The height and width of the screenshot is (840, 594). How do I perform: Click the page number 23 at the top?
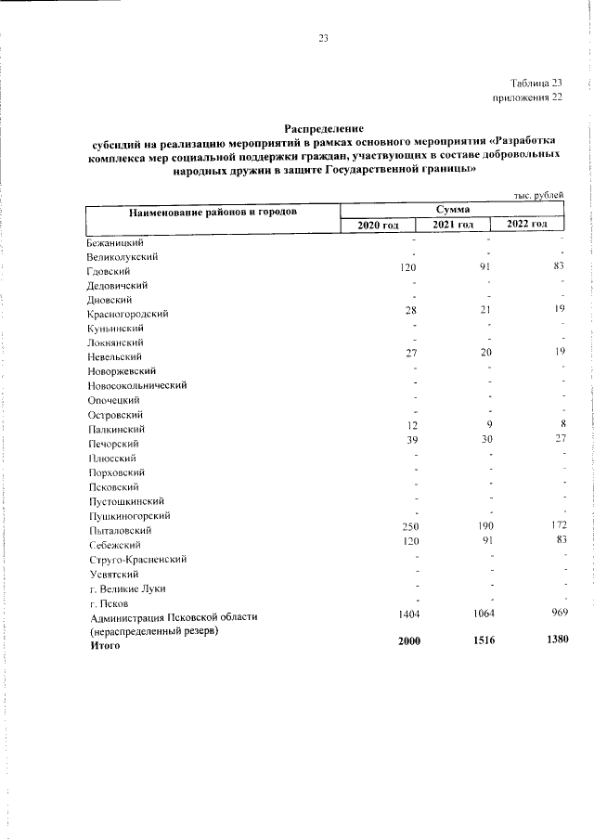[323, 38]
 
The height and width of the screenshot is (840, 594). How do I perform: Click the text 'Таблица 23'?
[536, 83]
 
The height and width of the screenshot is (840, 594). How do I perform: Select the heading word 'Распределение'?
[325, 127]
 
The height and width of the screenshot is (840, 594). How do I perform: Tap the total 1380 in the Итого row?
[553, 642]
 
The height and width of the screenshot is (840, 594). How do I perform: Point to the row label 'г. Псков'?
[108, 601]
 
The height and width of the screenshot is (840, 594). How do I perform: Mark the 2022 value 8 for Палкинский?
[562, 425]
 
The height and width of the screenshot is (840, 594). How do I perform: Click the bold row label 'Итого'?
[105, 644]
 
